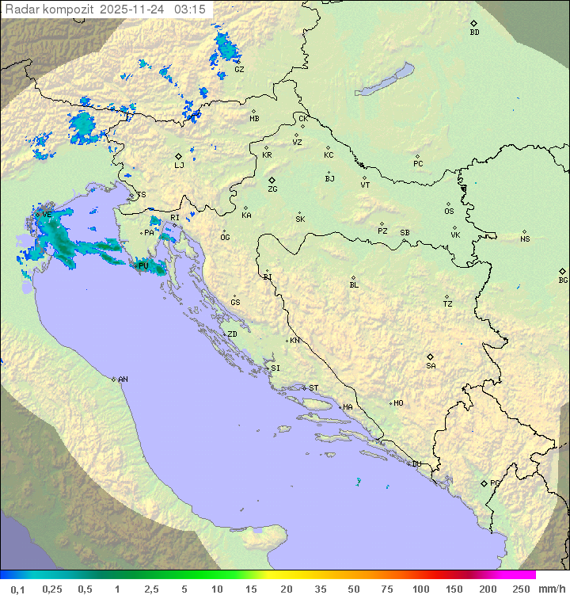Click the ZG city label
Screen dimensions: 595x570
272,189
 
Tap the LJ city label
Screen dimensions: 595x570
179,165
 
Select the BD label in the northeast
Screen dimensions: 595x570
474,32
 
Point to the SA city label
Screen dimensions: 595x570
431,365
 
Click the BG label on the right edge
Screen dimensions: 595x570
563,280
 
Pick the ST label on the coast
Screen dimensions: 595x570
313,387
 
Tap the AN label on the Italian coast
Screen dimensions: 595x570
123,380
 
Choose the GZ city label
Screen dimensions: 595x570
239,69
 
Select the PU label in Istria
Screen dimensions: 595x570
143,266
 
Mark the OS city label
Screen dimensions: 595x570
449,212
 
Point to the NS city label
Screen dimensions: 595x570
525,238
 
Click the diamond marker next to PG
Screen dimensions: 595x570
484,482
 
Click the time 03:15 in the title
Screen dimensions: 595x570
191,10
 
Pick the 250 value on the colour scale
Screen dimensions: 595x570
521,589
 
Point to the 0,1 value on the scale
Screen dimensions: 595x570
17,589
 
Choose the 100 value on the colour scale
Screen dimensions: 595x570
420,589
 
